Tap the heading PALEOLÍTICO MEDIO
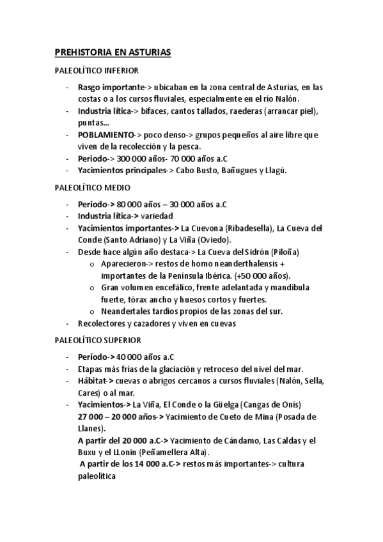point(92,188)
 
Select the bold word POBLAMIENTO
point(106,135)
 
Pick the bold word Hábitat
point(95,382)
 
